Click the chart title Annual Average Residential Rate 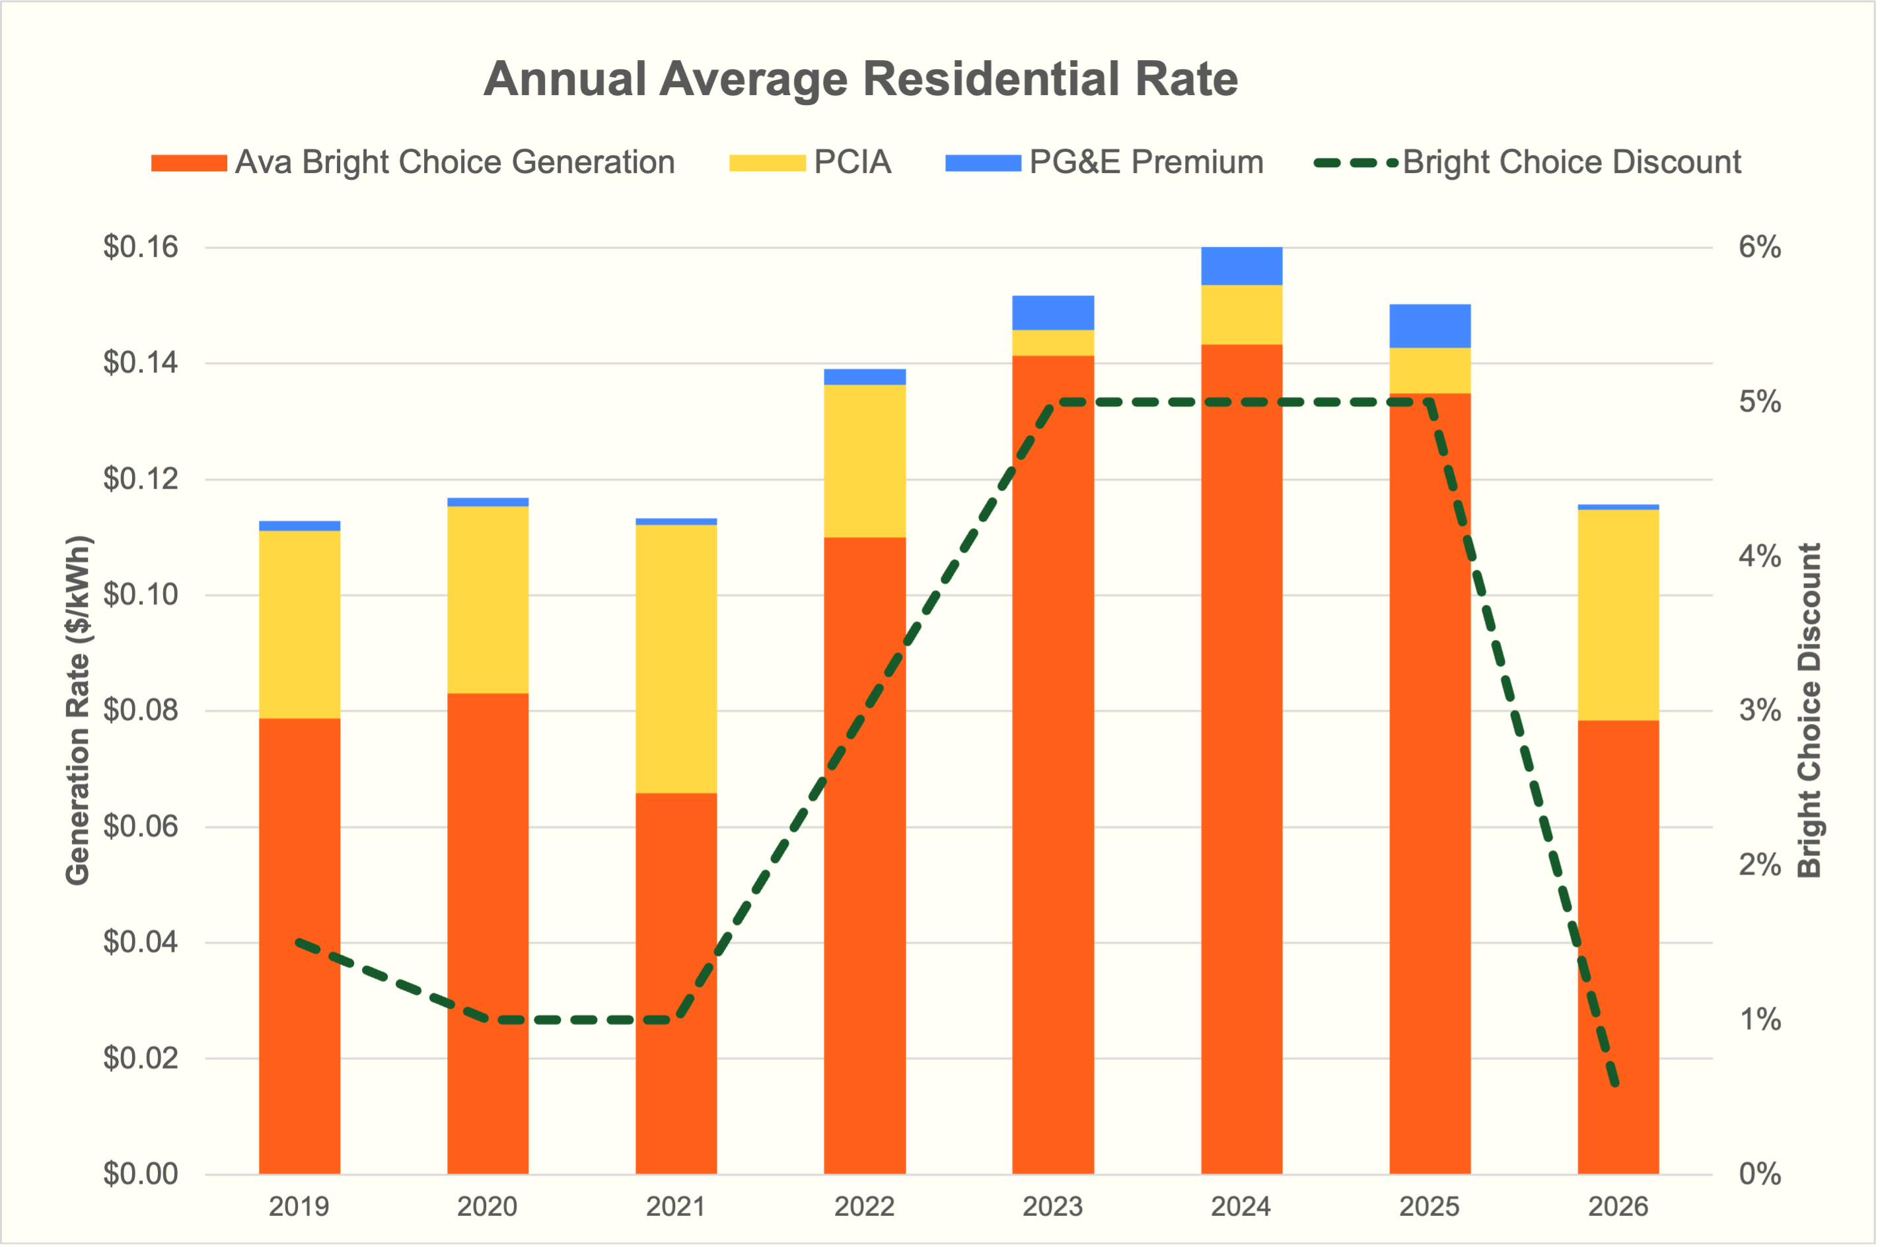click(861, 79)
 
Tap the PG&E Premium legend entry click(1145, 162)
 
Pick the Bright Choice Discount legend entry click(1571, 162)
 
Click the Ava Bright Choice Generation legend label click(455, 162)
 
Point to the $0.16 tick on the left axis click(141, 247)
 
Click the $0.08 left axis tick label click(141, 710)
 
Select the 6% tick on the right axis click(1760, 247)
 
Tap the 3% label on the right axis click(1760, 710)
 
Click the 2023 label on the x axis click(1052, 1207)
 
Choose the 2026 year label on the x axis click(1618, 1207)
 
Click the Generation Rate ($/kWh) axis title click(78, 710)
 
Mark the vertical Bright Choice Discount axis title click(1810, 710)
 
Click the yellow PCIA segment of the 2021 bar click(676, 659)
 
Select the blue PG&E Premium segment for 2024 click(1241, 266)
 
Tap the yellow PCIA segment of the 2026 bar click(1618, 615)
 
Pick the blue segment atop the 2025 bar click(1430, 326)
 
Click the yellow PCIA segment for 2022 click(865, 461)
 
